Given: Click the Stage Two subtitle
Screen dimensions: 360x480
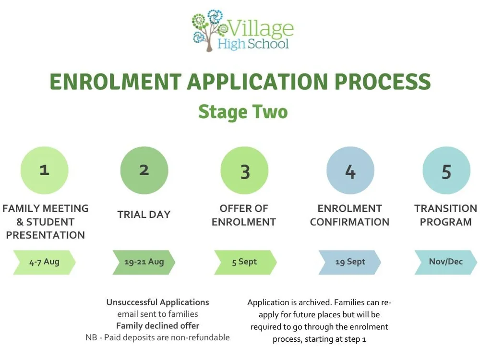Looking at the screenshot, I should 243,111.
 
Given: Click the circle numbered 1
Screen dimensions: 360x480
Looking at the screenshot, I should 45,170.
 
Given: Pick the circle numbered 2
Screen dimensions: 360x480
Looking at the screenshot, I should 144,170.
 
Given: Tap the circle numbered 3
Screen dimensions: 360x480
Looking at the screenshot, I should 244,170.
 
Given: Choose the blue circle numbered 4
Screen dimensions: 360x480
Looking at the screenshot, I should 350,170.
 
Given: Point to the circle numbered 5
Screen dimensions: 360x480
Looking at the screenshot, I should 446,170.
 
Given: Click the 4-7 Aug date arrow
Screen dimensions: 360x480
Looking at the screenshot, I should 45,262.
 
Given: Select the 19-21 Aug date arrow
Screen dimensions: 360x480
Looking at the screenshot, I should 144,262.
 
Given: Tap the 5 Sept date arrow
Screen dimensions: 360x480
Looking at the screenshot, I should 245,262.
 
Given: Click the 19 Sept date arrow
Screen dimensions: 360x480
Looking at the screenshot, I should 350,262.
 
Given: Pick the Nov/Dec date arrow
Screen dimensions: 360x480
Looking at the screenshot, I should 446,262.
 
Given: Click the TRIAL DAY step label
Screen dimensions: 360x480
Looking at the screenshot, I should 144,215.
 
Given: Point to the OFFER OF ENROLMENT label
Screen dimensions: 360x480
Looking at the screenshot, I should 244,215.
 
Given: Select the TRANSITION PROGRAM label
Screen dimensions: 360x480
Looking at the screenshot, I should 445,215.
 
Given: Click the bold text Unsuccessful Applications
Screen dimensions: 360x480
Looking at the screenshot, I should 157,302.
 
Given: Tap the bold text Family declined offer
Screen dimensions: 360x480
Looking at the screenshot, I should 157,326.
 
